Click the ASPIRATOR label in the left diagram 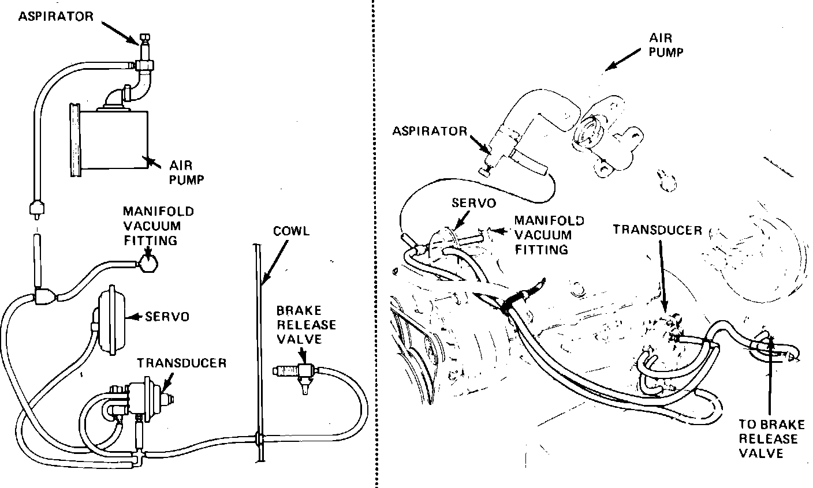55,16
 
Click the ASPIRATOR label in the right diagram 429,131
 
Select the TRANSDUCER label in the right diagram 657,230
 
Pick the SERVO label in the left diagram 167,317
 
